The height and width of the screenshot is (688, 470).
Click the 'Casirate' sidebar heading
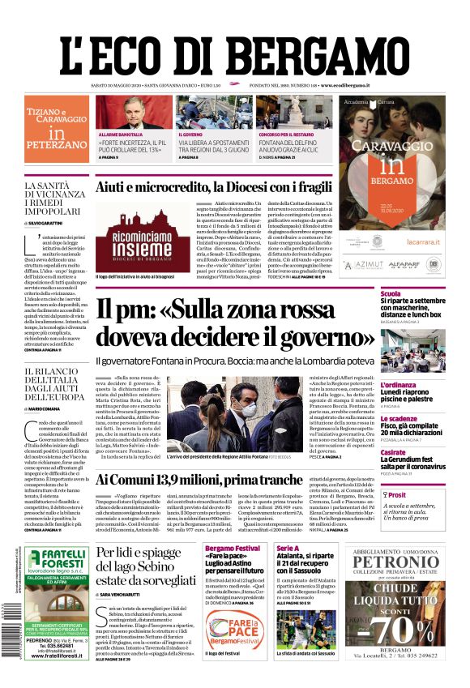394,452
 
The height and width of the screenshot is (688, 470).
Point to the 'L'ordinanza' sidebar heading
399,385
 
